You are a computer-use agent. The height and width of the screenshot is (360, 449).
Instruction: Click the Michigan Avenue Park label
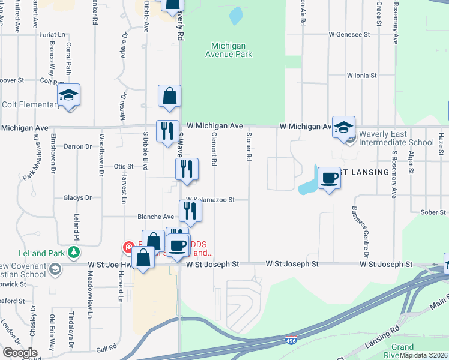pos(232,50)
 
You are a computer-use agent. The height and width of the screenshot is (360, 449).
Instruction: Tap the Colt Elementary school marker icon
pos(69,95)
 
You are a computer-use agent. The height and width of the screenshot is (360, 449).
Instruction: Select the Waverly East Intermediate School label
pos(396,139)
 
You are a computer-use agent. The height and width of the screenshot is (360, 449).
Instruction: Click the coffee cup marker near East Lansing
pos(329,178)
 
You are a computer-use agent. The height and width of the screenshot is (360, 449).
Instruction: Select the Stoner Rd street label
pos(248,148)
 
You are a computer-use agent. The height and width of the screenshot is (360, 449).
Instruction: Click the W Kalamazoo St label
pos(209,199)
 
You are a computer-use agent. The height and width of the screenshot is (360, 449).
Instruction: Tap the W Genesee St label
pos(349,35)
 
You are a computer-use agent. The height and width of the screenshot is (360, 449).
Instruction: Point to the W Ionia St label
pos(361,76)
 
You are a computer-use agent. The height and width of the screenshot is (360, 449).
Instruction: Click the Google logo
pos(20,352)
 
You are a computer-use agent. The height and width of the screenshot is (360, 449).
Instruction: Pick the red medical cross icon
pos(128,247)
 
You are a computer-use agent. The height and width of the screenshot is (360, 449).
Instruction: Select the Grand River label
pos(402,351)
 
